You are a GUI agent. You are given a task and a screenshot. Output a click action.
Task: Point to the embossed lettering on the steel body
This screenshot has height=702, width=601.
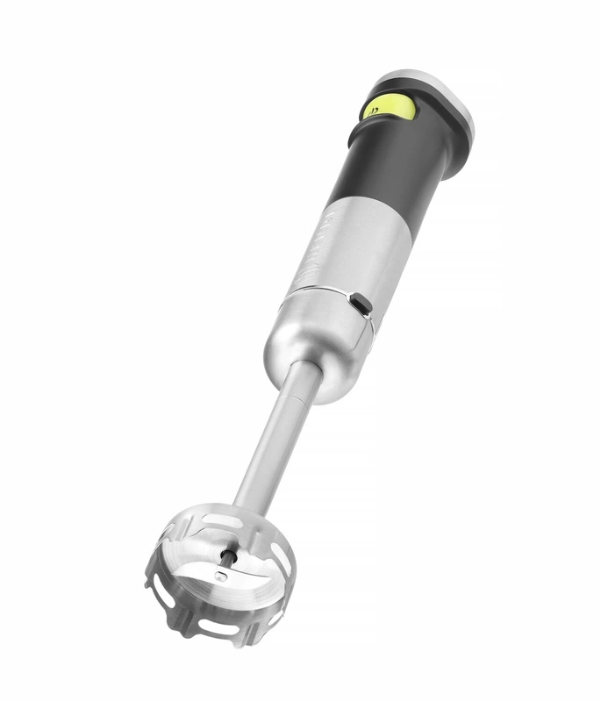pos(318,232)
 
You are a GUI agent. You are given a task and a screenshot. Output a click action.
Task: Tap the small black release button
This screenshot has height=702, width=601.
pos(360,304)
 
